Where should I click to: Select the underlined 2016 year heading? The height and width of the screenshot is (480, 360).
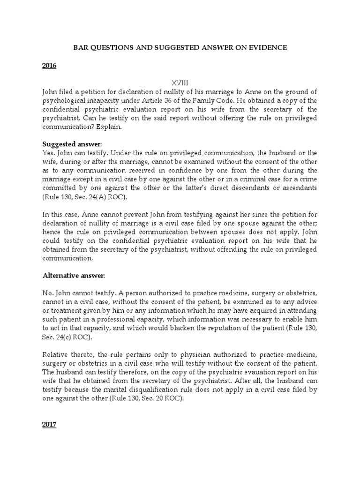point(49,66)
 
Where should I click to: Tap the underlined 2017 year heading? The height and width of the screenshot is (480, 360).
point(49,425)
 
